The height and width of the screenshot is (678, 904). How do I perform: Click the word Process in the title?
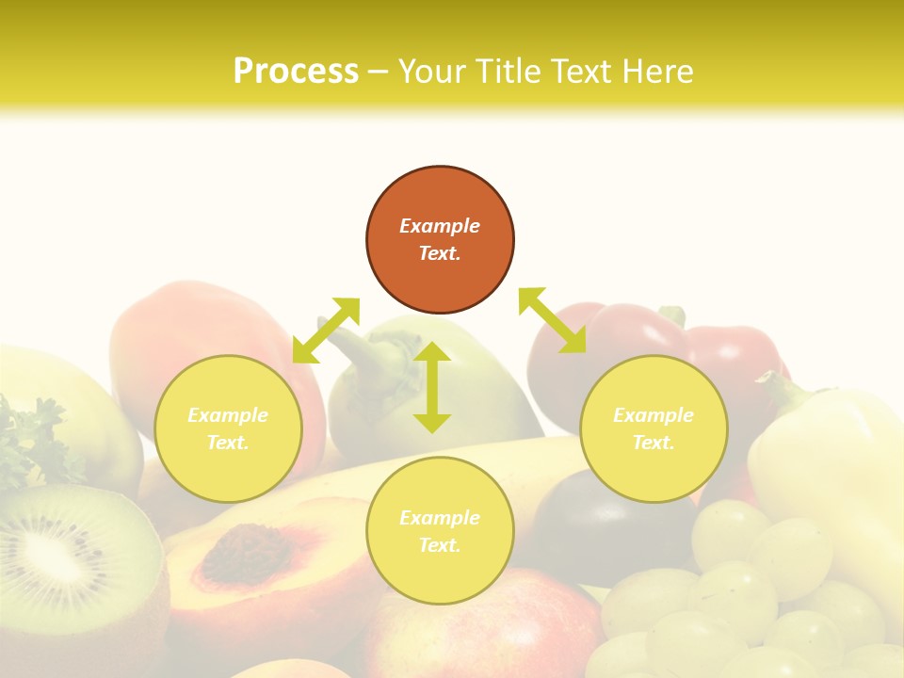[296, 72]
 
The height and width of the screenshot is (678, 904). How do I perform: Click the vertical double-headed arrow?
[432, 387]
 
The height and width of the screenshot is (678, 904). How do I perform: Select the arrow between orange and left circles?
[326, 330]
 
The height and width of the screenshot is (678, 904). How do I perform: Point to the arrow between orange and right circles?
[553, 320]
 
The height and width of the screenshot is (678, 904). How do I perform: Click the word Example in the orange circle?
[440, 226]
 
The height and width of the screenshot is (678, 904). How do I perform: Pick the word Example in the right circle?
[654, 415]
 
